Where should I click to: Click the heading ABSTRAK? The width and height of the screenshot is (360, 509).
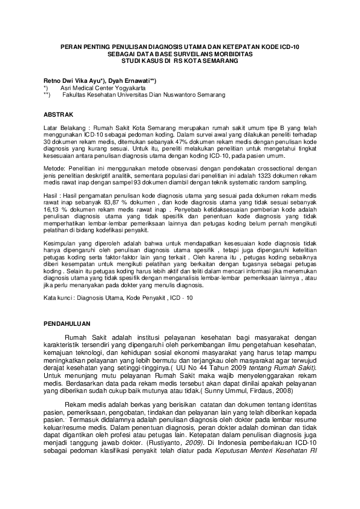pyautogui.click(x=59, y=114)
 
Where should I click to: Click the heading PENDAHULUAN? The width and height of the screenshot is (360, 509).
pyautogui.click(x=67, y=325)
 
